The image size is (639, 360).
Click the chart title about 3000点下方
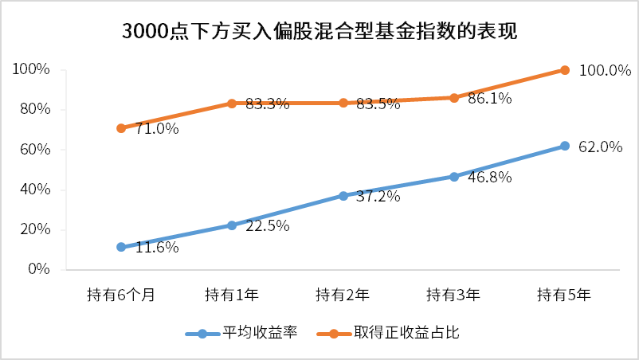tap(319, 32)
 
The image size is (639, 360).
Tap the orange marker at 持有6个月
tap(121, 128)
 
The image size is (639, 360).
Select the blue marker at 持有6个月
tap(121, 247)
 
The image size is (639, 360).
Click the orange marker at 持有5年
tap(565, 70)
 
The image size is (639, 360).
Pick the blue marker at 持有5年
tap(565, 146)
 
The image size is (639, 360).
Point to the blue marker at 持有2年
tap(343, 195)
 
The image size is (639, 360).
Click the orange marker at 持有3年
tap(454, 98)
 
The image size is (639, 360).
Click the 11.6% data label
tap(156, 248)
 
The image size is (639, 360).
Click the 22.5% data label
tap(267, 226)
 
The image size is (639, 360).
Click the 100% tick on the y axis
tap(33, 70)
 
